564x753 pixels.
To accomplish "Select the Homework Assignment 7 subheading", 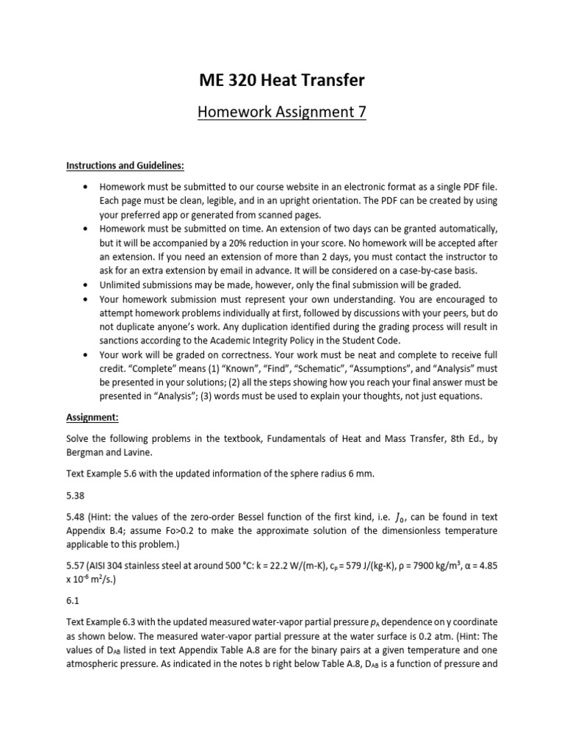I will click(282, 112).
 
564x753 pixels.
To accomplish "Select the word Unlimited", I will click(122, 285).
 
